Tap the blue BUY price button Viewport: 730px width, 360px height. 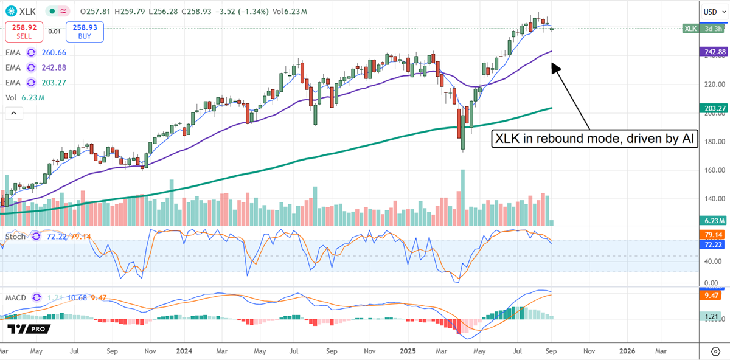(x=85, y=32)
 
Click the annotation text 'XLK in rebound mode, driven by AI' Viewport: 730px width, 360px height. (x=594, y=139)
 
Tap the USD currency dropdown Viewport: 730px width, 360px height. (x=712, y=12)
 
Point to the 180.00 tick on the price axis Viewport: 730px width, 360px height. (x=712, y=142)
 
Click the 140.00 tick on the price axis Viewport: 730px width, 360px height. (x=712, y=198)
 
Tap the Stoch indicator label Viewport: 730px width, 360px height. (x=15, y=236)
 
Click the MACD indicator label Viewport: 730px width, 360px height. (x=16, y=298)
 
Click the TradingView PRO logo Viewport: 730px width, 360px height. (x=29, y=329)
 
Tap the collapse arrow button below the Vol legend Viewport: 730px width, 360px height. (x=13, y=113)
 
